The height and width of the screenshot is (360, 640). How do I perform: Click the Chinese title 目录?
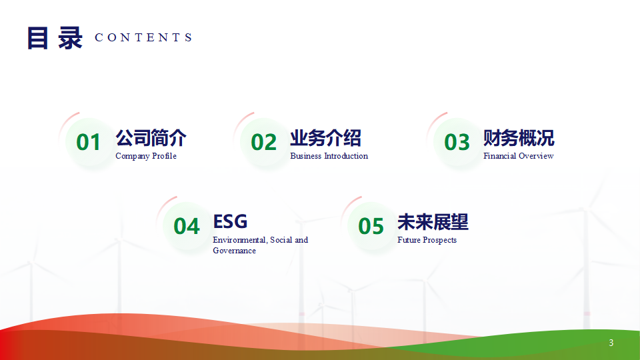pos(55,38)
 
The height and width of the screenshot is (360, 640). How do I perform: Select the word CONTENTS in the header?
pos(144,37)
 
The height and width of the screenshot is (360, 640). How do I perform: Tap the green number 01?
pos(88,142)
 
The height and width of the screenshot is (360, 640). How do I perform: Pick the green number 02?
pos(264,142)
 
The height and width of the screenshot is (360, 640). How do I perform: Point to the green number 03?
pos(457,142)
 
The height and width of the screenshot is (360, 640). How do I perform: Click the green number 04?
pos(187,226)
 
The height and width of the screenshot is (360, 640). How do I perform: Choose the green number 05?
pos(371,226)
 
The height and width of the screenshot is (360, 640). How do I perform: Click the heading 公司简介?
pos(151,138)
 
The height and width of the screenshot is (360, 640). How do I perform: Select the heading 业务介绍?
pos(326,138)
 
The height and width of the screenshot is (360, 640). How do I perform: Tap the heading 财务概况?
pos(519,138)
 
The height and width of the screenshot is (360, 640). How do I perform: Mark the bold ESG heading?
pos(230,221)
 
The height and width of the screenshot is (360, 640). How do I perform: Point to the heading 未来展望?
pos(433,222)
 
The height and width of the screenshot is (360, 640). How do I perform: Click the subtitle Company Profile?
pos(146,156)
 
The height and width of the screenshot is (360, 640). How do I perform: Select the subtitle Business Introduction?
pos(329,156)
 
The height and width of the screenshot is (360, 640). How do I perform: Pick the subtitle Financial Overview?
pos(519,156)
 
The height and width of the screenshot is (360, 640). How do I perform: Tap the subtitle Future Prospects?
pos(427,240)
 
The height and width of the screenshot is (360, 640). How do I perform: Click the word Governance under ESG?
pos(234,251)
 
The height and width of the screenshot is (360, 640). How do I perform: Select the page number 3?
pos(611,343)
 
